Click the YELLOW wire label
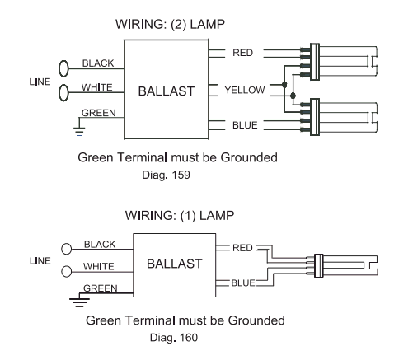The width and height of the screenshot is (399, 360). pyautogui.click(x=245, y=90)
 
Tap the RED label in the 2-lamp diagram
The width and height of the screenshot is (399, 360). pyautogui.click(x=242, y=53)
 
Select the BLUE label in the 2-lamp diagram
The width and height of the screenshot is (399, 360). pyautogui.click(x=245, y=125)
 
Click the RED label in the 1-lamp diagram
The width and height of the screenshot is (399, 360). pyautogui.click(x=242, y=248)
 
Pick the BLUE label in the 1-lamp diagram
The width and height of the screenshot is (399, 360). pyautogui.click(x=243, y=283)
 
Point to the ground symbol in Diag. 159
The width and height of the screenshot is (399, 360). pyautogui.click(x=79, y=130)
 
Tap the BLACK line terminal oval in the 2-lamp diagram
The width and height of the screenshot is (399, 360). pyautogui.click(x=63, y=68)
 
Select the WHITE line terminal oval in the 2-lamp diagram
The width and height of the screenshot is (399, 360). pyautogui.click(x=63, y=92)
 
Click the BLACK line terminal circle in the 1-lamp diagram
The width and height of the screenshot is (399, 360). pyautogui.click(x=66, y=249)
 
